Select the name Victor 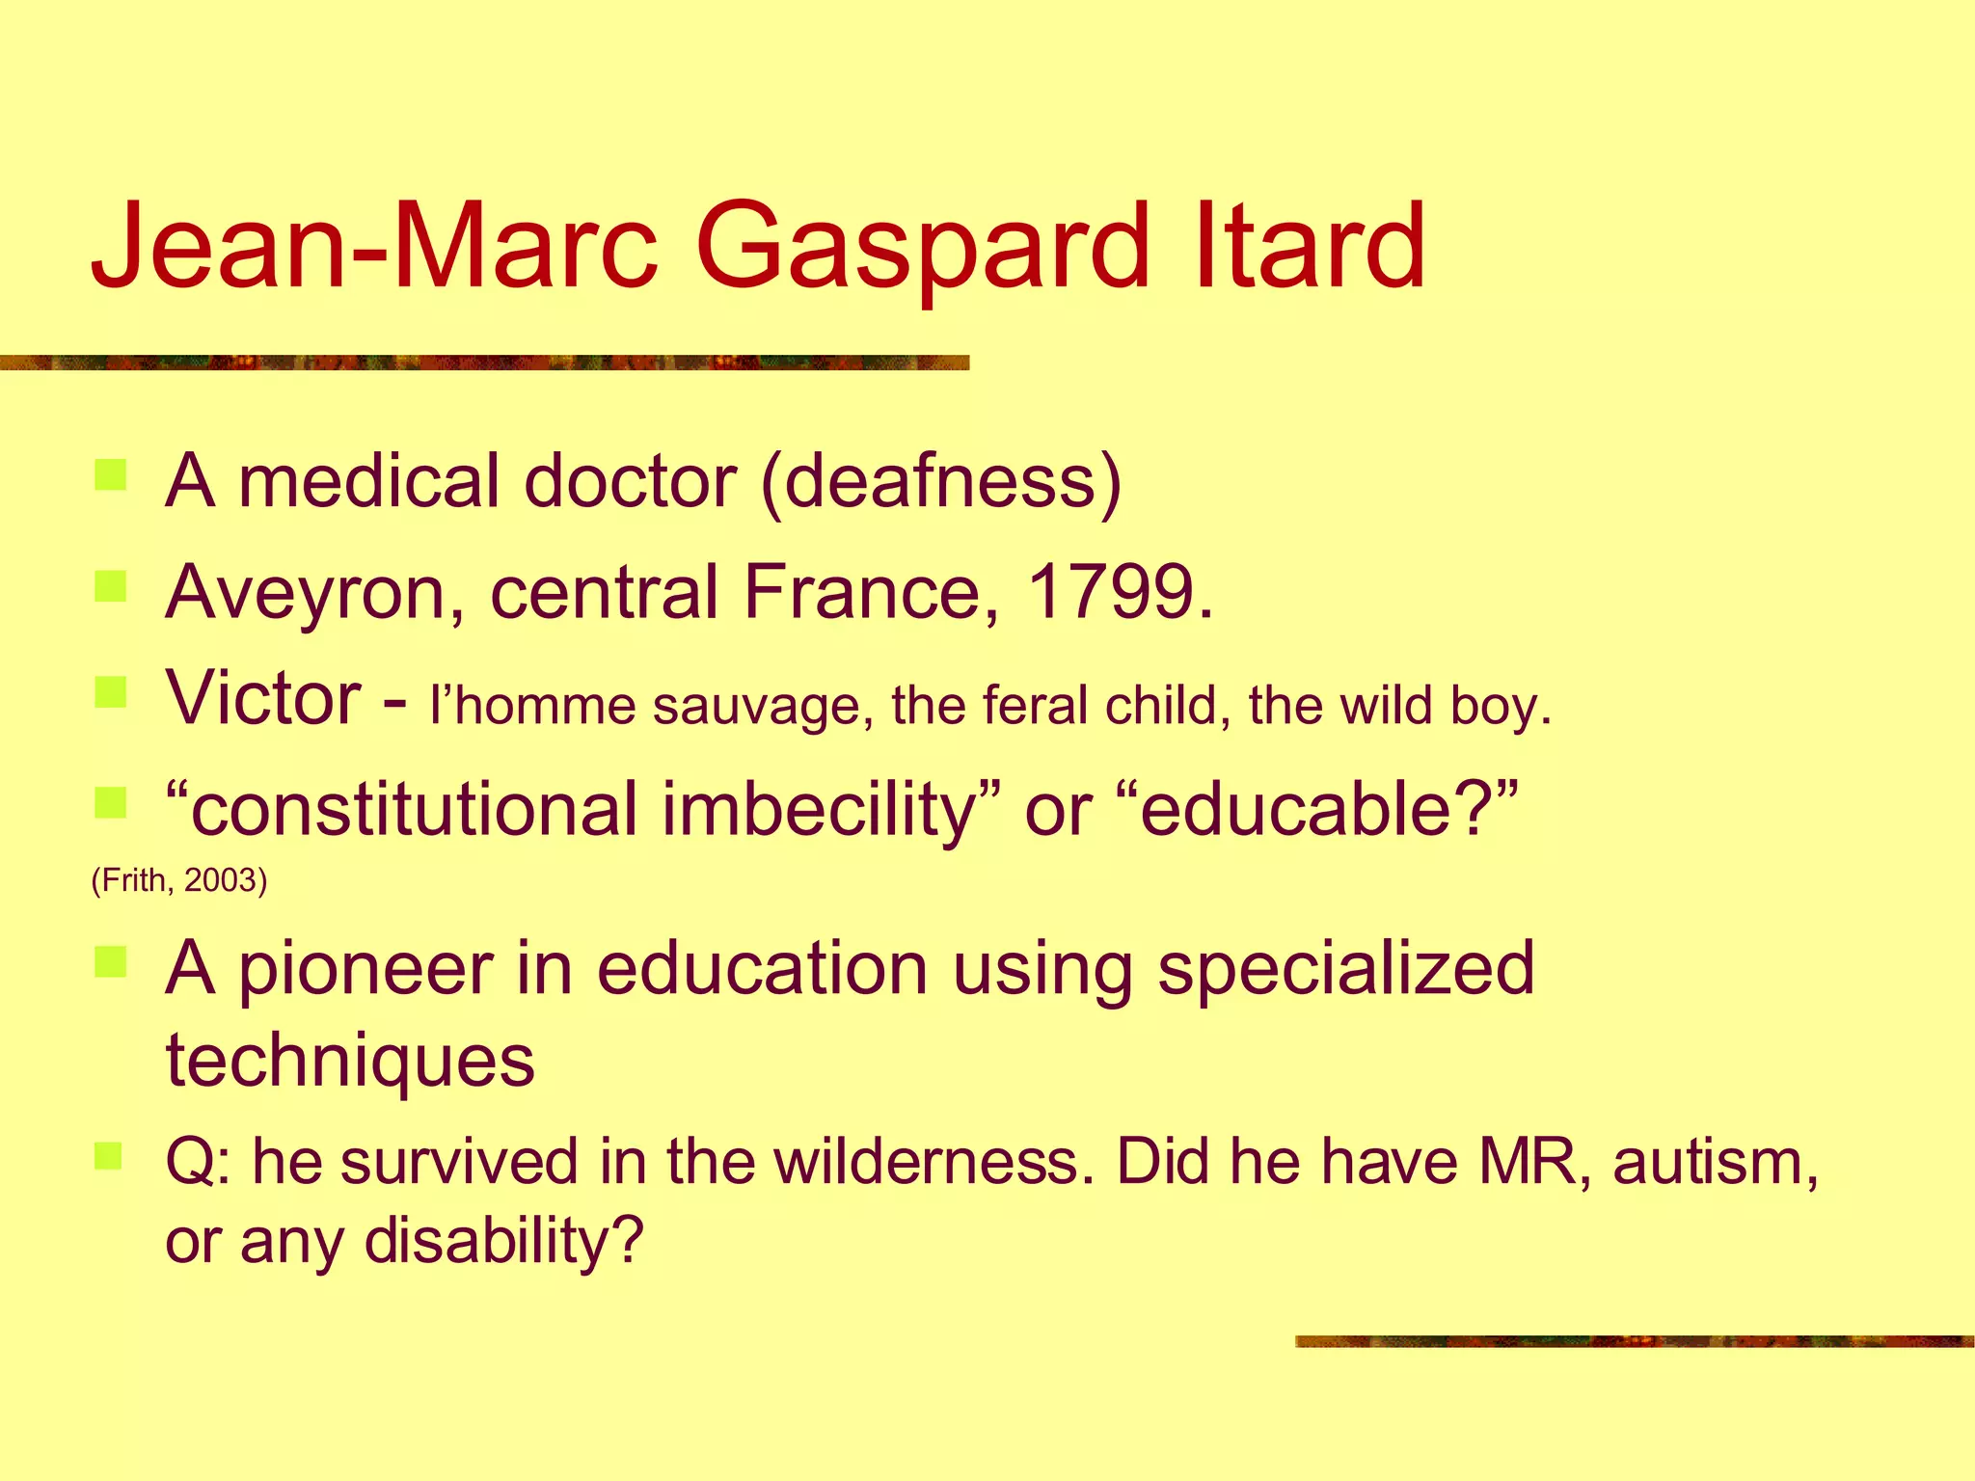[263, 697]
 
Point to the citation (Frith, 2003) [178, 880]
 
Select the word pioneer [365, 970]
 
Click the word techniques [350, 1061]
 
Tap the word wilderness [934, 1161]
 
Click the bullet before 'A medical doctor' [111, 476]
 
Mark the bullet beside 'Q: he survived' [109, 1155]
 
